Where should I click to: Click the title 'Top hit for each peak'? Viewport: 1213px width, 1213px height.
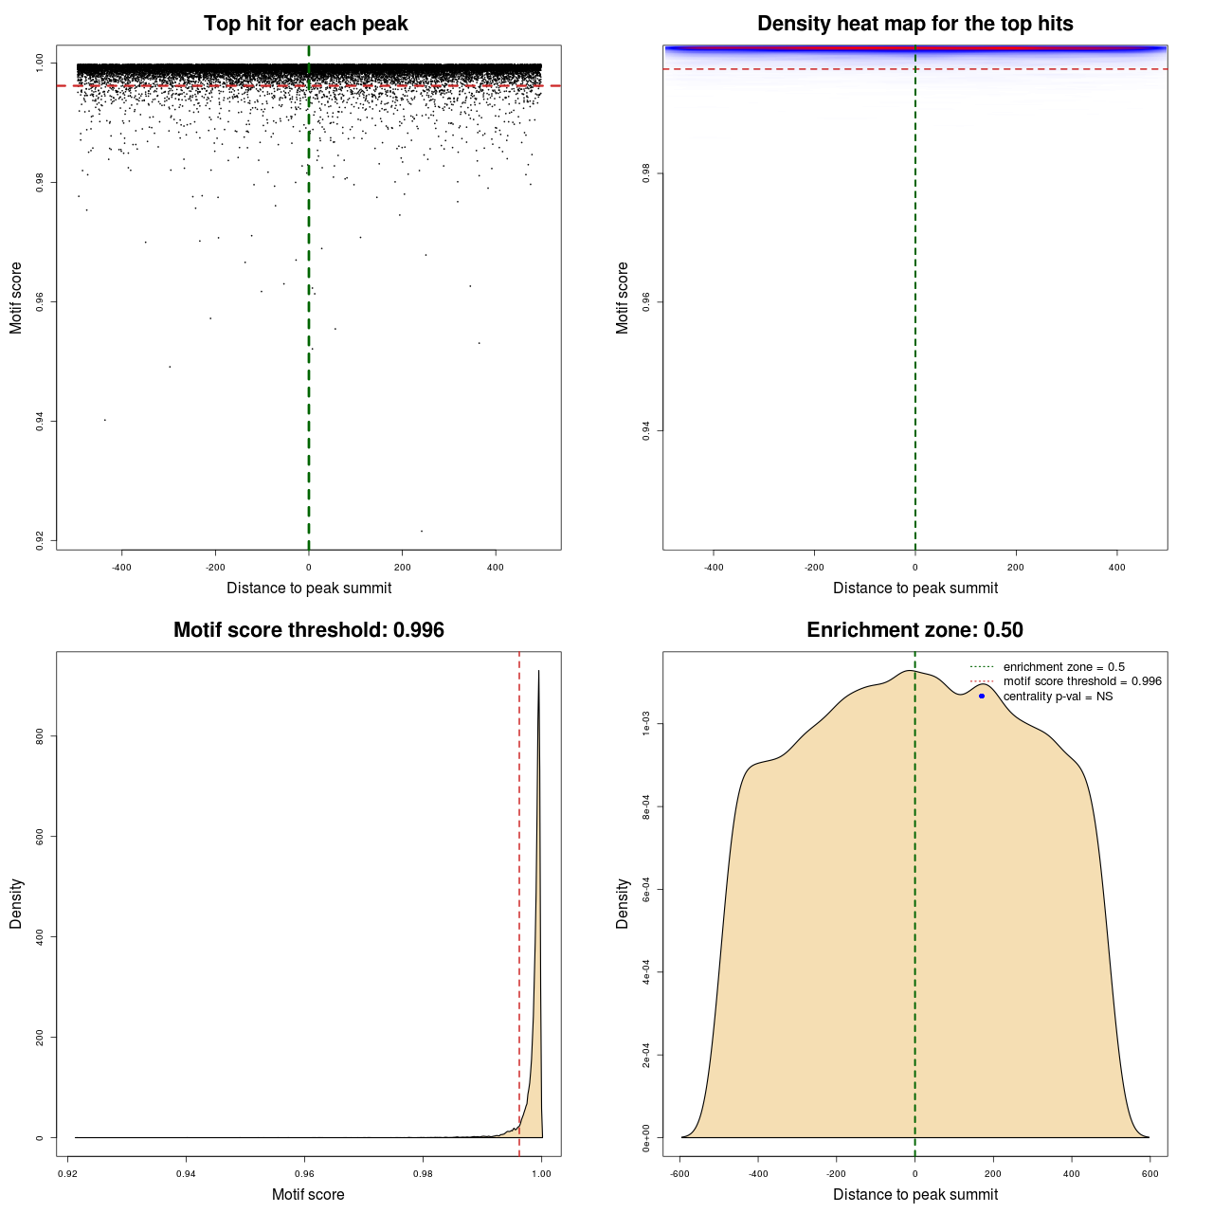305,24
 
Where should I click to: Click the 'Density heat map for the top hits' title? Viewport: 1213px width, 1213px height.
914,24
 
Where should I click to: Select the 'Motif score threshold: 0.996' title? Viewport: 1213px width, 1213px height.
308,630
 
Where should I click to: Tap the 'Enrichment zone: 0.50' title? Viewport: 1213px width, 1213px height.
914,630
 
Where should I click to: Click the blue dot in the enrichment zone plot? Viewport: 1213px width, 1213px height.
982,696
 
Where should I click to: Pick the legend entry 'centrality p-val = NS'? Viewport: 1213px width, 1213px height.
1058,697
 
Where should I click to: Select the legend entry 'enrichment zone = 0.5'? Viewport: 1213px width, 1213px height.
1063,667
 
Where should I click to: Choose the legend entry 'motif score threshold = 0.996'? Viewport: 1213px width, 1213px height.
1082,681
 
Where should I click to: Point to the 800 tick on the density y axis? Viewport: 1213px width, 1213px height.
40,736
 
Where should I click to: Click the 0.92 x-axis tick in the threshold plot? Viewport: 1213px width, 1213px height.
68,1174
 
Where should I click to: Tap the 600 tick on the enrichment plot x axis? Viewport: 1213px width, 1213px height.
1150,1174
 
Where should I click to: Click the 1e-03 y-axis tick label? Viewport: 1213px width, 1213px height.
646,725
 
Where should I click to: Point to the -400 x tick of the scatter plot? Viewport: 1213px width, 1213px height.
121,568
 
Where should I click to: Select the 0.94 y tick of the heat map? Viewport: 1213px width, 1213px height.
646,431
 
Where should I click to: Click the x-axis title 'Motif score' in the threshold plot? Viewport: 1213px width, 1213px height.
308,1195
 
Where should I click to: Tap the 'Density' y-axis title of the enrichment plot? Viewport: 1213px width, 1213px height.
623,903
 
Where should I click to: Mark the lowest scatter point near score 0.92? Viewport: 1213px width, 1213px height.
422,531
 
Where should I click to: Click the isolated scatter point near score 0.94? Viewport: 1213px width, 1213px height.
104,420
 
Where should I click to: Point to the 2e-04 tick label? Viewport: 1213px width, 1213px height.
646,1055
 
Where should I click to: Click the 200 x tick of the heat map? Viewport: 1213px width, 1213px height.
1016,568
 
